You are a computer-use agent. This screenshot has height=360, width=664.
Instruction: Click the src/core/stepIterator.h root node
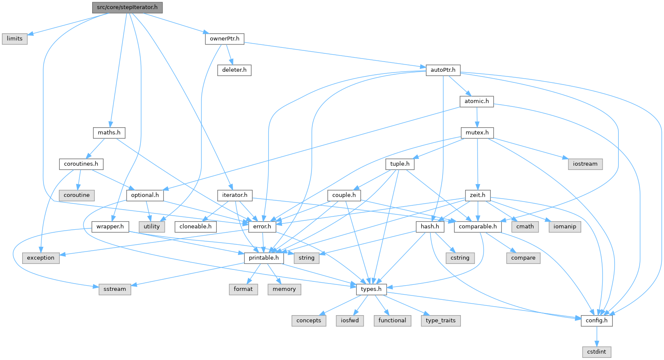(127, 7)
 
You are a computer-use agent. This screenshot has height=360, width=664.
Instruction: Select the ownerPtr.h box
(224, 38)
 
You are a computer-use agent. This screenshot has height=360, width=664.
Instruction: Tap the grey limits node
(15, 38)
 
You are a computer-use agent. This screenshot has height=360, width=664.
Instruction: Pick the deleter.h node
(234, 70)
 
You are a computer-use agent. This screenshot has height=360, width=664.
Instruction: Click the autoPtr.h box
(443, 70)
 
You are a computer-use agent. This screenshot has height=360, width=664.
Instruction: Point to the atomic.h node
(477, 101)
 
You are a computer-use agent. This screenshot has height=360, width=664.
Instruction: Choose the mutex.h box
(477, 132)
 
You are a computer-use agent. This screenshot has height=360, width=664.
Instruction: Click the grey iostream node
(585, 164)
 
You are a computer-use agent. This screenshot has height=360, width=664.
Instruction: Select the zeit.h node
(478, 195)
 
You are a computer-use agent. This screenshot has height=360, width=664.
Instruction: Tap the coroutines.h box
(81, 164)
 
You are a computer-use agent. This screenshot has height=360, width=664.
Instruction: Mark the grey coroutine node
(77, 195)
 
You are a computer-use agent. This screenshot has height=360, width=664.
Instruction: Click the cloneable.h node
(195, 226)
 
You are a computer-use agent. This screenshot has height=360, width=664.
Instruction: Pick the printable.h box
(264, 258)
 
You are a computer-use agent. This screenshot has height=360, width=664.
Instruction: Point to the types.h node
(371, 289)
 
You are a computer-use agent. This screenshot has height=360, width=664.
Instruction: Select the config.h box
(597, 320)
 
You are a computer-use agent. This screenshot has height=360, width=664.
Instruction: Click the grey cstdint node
(597, 351)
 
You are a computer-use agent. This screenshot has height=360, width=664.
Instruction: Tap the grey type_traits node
(441, 320)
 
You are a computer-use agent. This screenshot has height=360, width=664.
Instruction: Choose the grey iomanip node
(565, 226)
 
